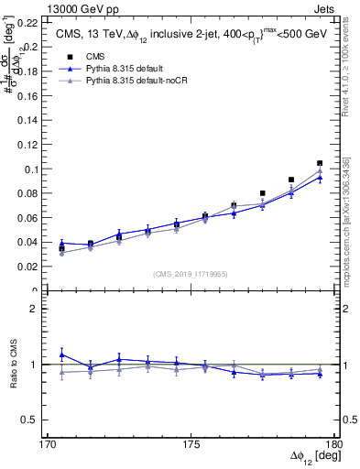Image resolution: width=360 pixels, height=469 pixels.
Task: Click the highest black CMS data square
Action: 320,163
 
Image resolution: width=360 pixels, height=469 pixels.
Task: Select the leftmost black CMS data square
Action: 61,248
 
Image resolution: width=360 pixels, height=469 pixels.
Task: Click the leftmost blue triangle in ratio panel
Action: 61,354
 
